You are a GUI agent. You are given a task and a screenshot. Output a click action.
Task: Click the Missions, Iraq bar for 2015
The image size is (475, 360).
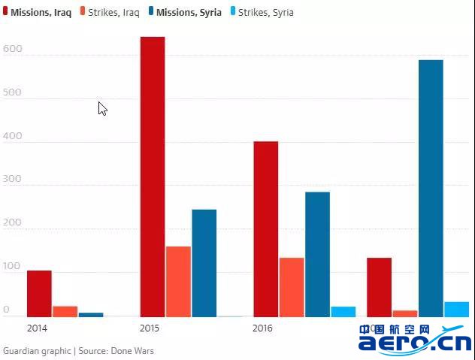(x=153, y=177)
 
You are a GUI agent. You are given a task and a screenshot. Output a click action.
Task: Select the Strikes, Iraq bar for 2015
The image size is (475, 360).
(x=178, y=281)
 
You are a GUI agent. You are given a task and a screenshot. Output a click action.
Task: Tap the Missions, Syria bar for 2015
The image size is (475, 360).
(x=204, y=263)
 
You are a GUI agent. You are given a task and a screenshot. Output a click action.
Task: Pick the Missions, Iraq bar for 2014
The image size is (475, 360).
(x=39, y=293)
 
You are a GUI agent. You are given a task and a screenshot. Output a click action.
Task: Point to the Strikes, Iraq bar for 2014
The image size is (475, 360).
(x=65, y=311)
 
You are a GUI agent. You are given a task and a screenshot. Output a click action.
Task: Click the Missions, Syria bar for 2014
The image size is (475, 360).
(x=90, y=314)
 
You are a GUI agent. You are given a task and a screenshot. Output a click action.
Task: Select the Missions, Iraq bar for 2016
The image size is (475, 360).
(x=265, y=228)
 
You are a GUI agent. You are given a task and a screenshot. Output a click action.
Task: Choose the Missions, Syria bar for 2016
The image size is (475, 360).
(x=317, y=254)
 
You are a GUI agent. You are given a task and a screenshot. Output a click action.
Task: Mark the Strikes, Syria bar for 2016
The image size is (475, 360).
(x=343, y=311)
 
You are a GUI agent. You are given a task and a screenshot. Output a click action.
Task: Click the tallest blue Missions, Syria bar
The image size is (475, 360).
(x=431, y=188)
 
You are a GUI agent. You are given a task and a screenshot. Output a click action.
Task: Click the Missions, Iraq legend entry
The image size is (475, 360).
(x=38, y=13)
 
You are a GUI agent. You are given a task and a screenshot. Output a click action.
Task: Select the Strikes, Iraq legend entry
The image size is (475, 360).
(x=109, y=13)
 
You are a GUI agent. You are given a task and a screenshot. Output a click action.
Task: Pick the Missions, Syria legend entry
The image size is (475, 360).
(x=184, y=13)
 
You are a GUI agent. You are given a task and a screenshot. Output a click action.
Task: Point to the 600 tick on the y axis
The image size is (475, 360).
(x=12, y=50)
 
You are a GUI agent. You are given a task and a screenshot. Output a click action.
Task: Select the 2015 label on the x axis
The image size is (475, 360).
(x=150, y=328)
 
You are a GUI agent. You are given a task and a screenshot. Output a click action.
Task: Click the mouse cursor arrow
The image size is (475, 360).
(x=102, y=108)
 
